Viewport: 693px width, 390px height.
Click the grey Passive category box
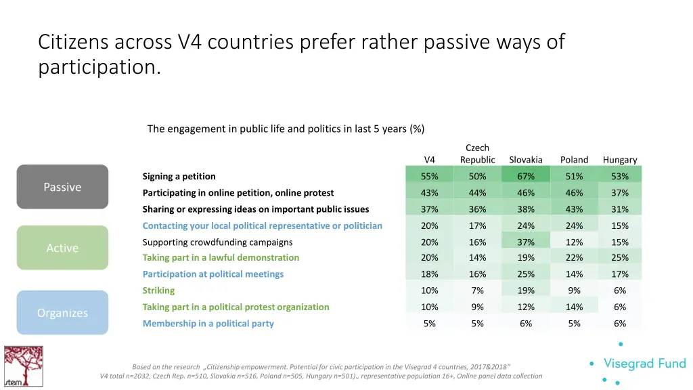[62, 187]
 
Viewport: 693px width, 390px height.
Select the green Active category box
[62, 248]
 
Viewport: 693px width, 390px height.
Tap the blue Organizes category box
[62, 313]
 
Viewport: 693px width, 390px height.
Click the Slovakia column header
[526, 160]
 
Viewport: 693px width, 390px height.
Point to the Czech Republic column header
[477, 154]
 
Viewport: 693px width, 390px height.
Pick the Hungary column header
[620, 160]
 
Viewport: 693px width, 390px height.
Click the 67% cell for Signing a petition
[526, 176]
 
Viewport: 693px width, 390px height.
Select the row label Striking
[158, 290]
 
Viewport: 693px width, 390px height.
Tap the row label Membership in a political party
[208, 324]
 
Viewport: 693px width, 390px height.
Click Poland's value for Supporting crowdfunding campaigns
[574, 242]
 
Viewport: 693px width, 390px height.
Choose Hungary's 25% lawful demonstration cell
[620, 257]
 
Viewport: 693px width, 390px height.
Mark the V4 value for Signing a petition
[429, 176]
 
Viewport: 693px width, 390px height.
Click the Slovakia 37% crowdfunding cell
[526, 242]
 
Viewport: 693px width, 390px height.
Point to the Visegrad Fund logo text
[644, 364]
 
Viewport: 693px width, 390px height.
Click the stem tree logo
[23, 366]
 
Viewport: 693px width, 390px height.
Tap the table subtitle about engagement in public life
[286, 129]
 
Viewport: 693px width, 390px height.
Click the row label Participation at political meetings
[213, 274]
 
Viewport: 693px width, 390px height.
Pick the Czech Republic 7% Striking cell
[477, 290]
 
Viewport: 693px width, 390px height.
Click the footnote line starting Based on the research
[321, 366]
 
